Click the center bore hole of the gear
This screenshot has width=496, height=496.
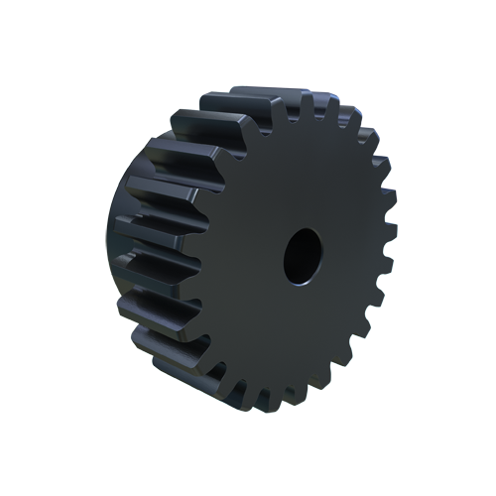[x=302, y=254]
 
